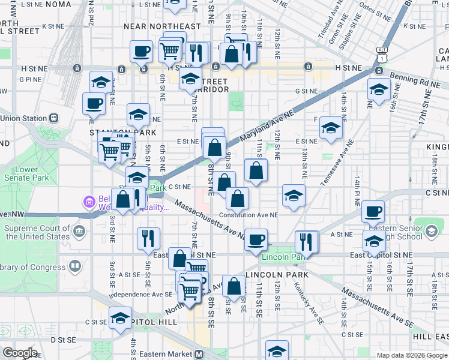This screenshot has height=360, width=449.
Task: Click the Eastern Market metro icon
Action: tap(199, 354)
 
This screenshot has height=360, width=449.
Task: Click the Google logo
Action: tap(19, 353)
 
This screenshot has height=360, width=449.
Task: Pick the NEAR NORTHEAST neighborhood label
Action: tap(162, 26)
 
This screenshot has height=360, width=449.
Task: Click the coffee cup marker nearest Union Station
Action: tap(94, 103)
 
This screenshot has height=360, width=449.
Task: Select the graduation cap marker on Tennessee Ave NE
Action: tap(330, 127)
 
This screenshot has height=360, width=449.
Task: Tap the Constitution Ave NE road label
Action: tap(249, 214)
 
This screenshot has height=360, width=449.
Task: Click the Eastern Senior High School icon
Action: tap(430, 232)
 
